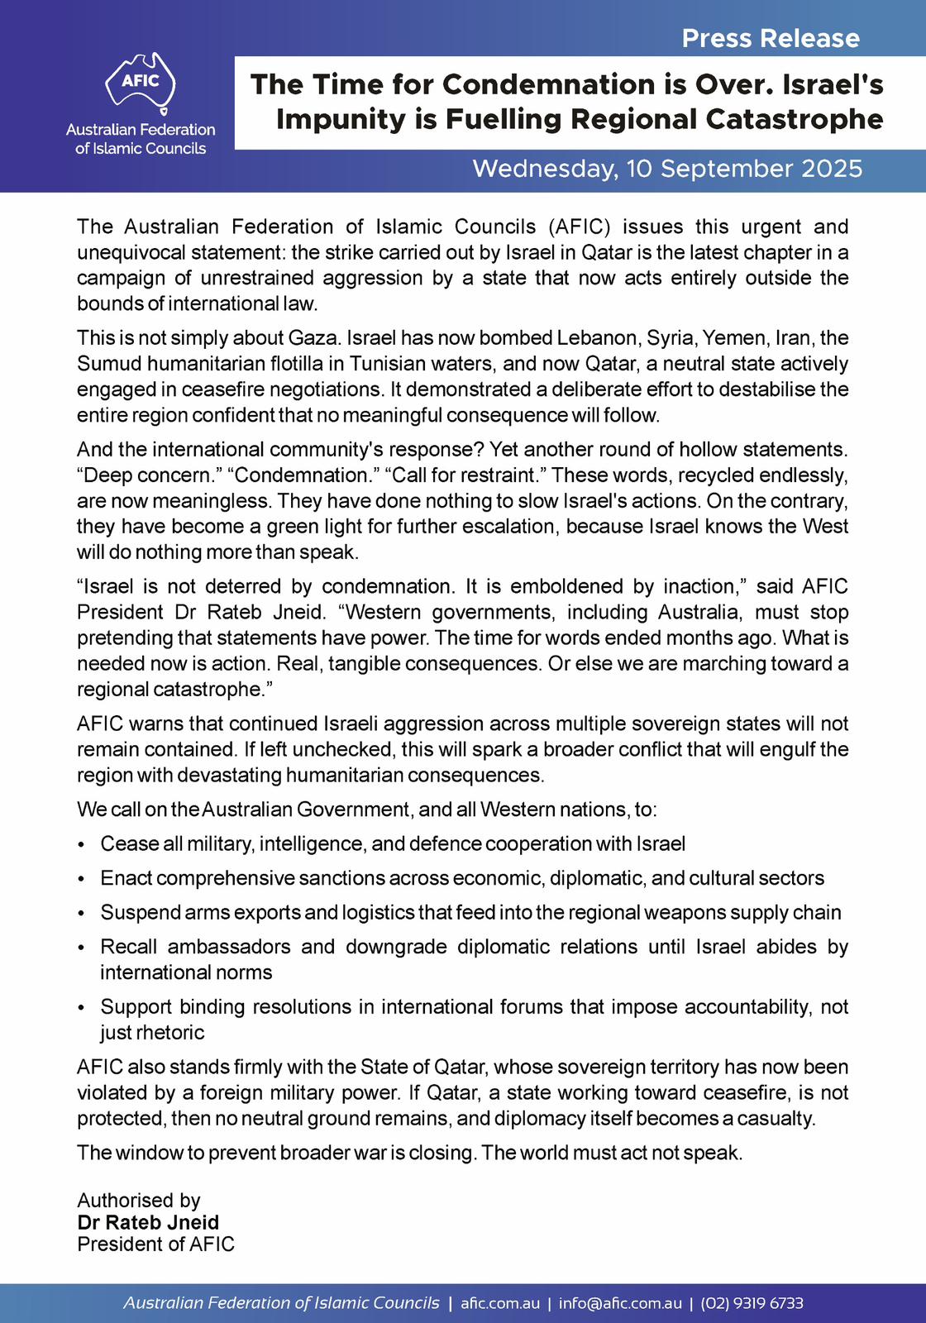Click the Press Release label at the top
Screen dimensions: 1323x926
[771, 38]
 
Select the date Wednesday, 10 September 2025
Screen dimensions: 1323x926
[667, 169]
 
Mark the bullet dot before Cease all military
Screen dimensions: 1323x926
[81, 845]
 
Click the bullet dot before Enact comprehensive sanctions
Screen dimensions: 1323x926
[81, 879]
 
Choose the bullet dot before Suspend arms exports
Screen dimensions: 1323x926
[81, 914]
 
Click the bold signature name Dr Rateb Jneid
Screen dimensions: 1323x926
[148, 1223]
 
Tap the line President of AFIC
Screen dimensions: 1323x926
[155, 1244]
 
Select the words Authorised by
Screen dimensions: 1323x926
[138, 1201]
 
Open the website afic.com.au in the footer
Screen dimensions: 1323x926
[500, 1303]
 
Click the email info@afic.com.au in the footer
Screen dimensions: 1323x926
[620, 1303]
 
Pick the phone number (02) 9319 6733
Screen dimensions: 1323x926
[752, 1303]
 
